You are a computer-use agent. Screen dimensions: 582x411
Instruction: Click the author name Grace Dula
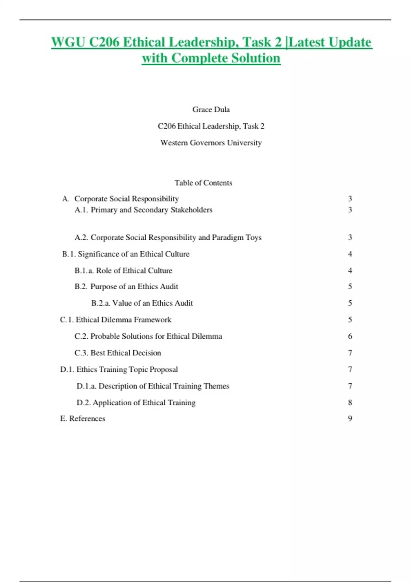[211, 110]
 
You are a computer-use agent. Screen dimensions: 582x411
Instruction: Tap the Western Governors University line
[211, 142]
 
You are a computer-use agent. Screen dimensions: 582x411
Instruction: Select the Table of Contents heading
[203, 183]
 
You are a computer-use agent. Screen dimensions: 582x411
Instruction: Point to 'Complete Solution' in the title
[226, 58]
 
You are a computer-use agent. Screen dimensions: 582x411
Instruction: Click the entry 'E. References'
[83, 418]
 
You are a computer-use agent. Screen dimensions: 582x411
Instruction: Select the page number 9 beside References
[350, 418]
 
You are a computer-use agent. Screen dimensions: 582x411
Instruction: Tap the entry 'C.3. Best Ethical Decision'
[117, 353]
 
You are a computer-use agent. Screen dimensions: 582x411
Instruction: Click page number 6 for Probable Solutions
[350, 336]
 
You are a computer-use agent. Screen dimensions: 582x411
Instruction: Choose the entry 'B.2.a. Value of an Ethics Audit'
[142, 303]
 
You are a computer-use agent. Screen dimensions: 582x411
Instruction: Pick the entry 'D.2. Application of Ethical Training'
[136, 403]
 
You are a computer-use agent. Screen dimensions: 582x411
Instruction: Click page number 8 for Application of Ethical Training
[350, 403]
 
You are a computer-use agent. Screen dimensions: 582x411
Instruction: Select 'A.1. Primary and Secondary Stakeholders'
[143, 210]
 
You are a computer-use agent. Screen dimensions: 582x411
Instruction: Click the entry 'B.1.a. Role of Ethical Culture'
[123, 270]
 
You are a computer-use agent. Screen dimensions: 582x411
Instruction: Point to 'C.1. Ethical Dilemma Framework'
[115, 319]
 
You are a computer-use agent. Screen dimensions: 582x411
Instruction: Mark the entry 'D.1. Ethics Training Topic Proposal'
[119, 369]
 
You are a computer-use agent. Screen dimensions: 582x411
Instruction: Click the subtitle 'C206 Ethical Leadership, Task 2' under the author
[211, 126]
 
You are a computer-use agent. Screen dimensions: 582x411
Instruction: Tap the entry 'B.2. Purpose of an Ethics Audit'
[126, 286]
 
